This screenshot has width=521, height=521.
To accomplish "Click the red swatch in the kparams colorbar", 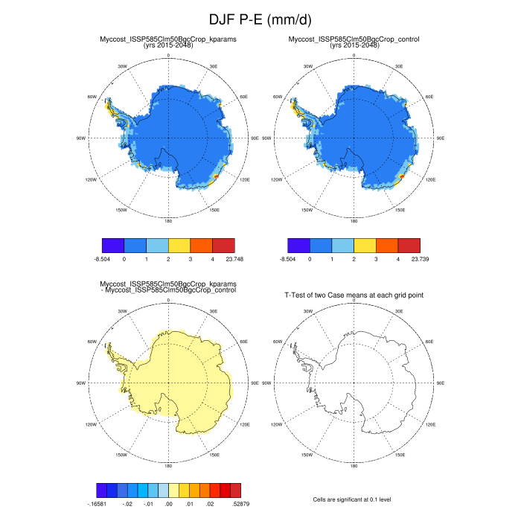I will (x=224, y=244).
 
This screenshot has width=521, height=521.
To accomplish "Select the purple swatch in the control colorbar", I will (x=298, y=244).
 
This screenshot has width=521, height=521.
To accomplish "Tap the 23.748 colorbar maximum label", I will (x=224, y=259).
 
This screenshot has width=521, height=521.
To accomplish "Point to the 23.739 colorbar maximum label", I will (x=409, y=259).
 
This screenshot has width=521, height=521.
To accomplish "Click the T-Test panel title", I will (x=354, y=295).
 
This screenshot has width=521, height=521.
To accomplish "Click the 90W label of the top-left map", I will (x=81, y=138).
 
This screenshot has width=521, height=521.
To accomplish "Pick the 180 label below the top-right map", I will (x=354, y=220).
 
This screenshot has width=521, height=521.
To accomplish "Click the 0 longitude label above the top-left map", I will (x=168, y=56).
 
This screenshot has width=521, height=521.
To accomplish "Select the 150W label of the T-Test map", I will (x=307, y=453).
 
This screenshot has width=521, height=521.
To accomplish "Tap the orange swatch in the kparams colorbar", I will (x=202, y=244).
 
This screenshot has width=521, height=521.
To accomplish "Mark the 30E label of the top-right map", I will (x=400, y=68).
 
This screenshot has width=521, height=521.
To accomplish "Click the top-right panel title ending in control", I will (x=354, y=42).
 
